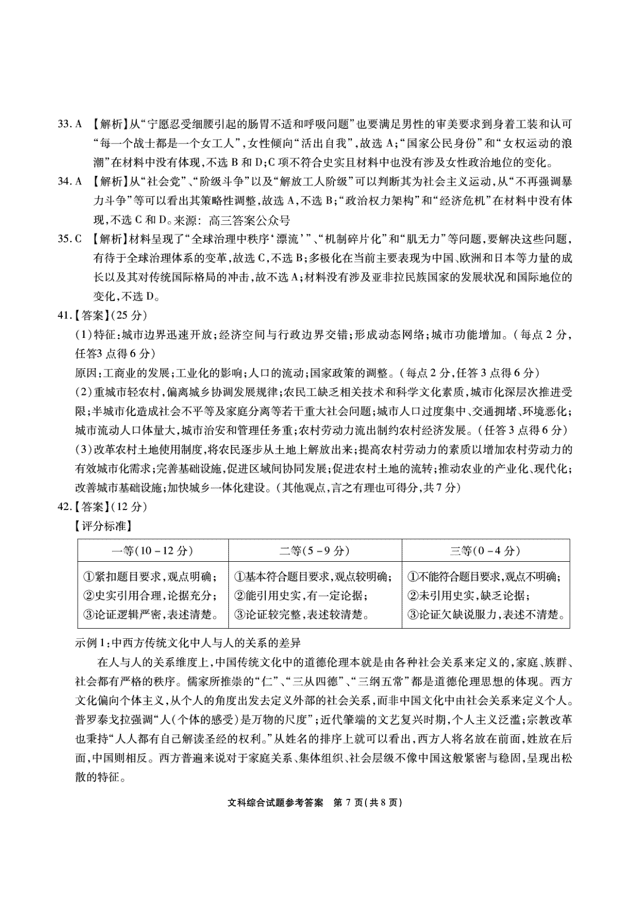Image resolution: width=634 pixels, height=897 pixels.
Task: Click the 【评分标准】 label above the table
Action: pyautogui.click(x=103, y=526)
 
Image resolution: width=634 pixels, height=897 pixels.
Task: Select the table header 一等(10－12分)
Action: pyautogui.click(x=153, y=551)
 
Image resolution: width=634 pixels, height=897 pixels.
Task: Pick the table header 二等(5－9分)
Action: pyautogui.click(x=315, y=551)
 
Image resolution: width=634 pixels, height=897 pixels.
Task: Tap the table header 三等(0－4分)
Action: pyautogui.click(x=485, y=551)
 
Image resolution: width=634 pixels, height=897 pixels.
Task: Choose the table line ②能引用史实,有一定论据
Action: pyautogui.click(x=301, y=596)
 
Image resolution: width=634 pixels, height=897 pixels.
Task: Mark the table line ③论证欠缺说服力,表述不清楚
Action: pyautogui.click(x=486, y=615)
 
